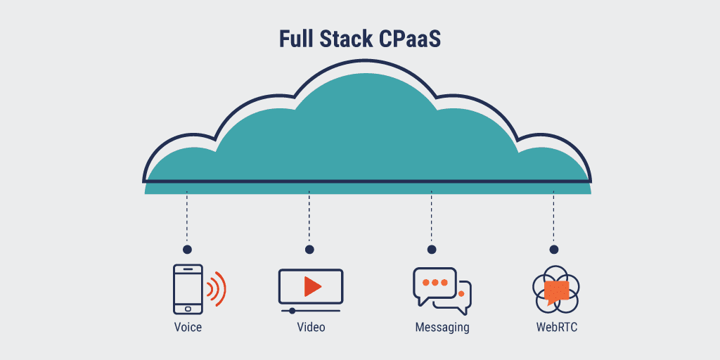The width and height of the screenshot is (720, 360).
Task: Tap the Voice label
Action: (188, 328)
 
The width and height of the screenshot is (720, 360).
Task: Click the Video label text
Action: (311, 328)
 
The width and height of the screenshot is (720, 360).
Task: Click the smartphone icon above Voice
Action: (188, 289)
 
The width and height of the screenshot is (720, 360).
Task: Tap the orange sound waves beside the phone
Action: (217, 289)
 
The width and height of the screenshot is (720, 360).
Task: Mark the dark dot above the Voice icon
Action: (187, 250)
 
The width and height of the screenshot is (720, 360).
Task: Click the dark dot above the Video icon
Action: (309, 250)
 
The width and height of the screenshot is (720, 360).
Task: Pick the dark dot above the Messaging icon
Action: (432, 250)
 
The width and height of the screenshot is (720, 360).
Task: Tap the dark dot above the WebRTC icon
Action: (554, 250)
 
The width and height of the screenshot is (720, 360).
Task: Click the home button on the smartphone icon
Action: (188, 307)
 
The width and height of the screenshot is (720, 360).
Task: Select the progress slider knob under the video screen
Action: (292, 310)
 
